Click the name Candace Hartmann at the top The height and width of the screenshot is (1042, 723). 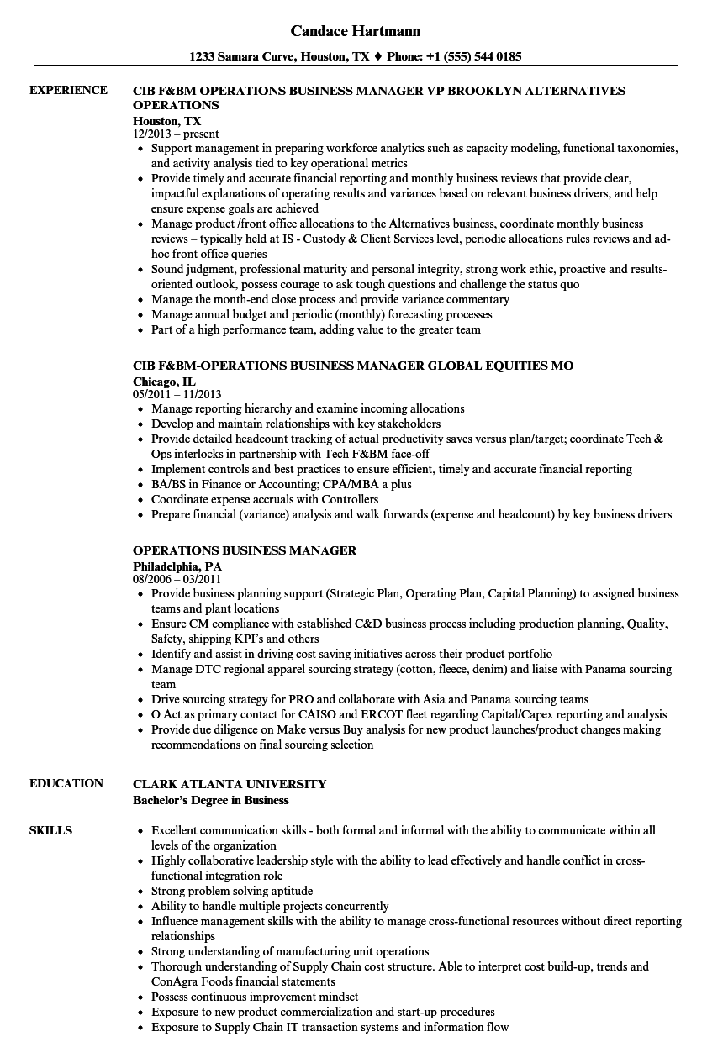pos(356,31)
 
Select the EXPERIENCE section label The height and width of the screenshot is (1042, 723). pos(68,90)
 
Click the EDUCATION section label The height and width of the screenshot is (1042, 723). pos(66,783)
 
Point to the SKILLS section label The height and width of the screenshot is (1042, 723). pos(50,830)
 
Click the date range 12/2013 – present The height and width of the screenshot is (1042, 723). pos(176,134)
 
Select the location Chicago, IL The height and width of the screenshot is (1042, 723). pos(164,381)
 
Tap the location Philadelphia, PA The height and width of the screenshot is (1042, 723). pos(177,566)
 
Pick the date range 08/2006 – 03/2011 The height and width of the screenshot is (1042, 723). pos(177,578)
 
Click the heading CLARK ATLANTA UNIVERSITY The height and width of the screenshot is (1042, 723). pos(230,783)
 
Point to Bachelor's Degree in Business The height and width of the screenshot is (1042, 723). pos(211,799)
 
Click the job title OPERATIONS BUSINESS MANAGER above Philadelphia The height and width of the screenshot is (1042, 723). pos(245,550)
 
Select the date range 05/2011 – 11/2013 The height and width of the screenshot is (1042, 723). pos(177,393)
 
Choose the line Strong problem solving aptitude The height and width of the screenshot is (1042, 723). pos(232,891)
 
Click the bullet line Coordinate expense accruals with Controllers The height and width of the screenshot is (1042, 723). pos(265,499)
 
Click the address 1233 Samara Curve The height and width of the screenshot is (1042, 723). pos(240,57)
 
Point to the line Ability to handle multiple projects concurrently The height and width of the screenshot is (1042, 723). pos(270,906)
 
